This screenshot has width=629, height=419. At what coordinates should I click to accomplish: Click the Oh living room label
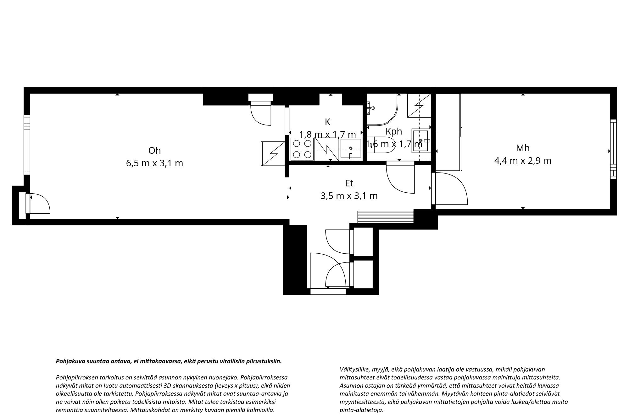(x=154, y=151)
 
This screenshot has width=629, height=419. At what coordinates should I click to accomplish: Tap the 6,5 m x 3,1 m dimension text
(x=154, y=163)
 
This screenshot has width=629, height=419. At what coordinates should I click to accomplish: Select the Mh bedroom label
(x=523, y=148)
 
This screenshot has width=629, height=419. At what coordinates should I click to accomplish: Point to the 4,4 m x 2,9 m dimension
(x=523, y=161)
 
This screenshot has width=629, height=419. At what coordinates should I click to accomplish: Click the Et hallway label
(x=349, y=183)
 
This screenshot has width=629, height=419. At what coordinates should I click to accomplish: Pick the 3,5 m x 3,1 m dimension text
(x=349, y=196)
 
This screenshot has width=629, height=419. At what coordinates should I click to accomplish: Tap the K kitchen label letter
(x=328, y=122)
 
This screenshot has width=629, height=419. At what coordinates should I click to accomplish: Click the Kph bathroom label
(x=394, y=131)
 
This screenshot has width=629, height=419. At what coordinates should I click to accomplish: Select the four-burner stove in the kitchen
(x=302, y=149)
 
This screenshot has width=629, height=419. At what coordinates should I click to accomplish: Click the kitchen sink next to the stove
(x=351, y=149)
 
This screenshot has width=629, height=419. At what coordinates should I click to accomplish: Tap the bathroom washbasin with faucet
(x=421, y=141)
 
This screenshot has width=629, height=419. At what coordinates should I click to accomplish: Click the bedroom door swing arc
(x=453, y=189)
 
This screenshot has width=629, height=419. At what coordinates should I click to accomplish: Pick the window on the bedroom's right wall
(x=613, y=150)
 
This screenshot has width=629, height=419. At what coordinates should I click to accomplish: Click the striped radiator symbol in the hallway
(x=385, y=217)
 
